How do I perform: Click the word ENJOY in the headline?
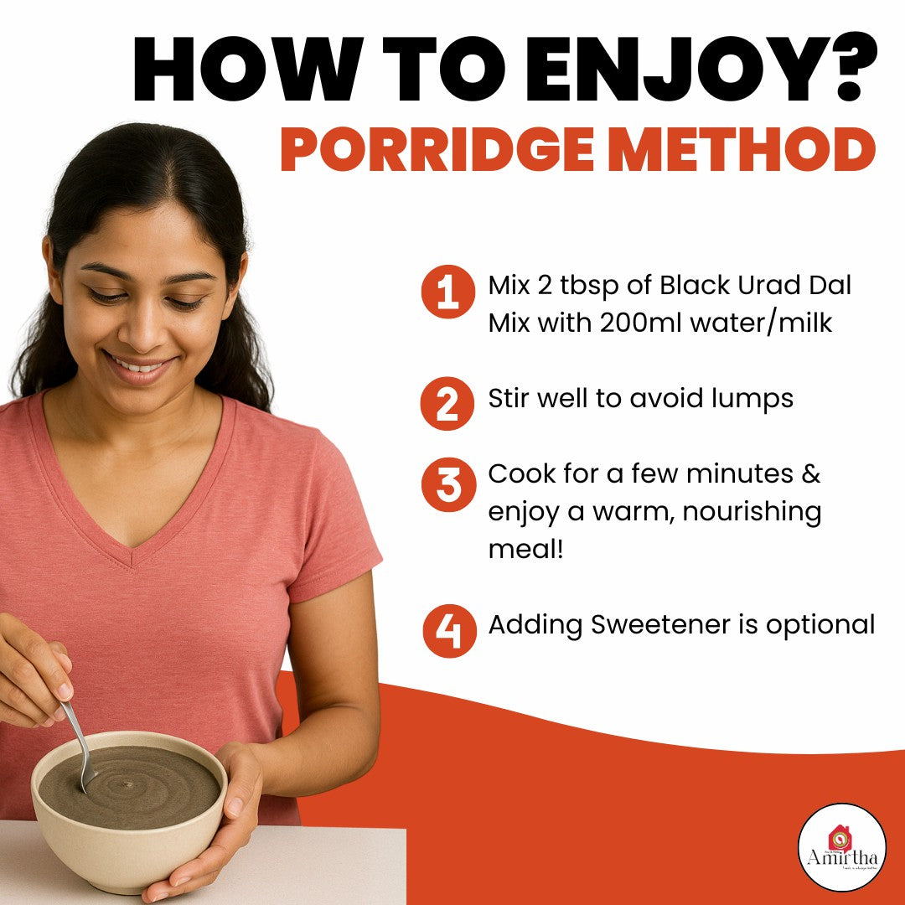(644, 70)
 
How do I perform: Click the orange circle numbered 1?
(448, 292)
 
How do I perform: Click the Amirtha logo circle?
(841, 846)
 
